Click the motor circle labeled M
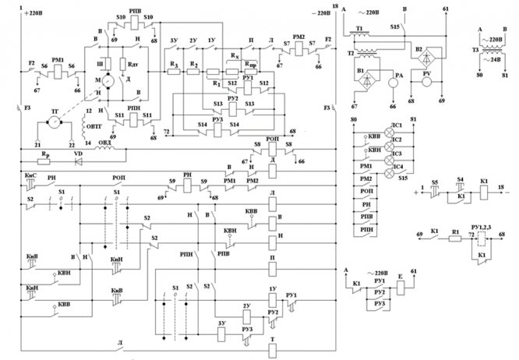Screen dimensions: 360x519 coord(107,80)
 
